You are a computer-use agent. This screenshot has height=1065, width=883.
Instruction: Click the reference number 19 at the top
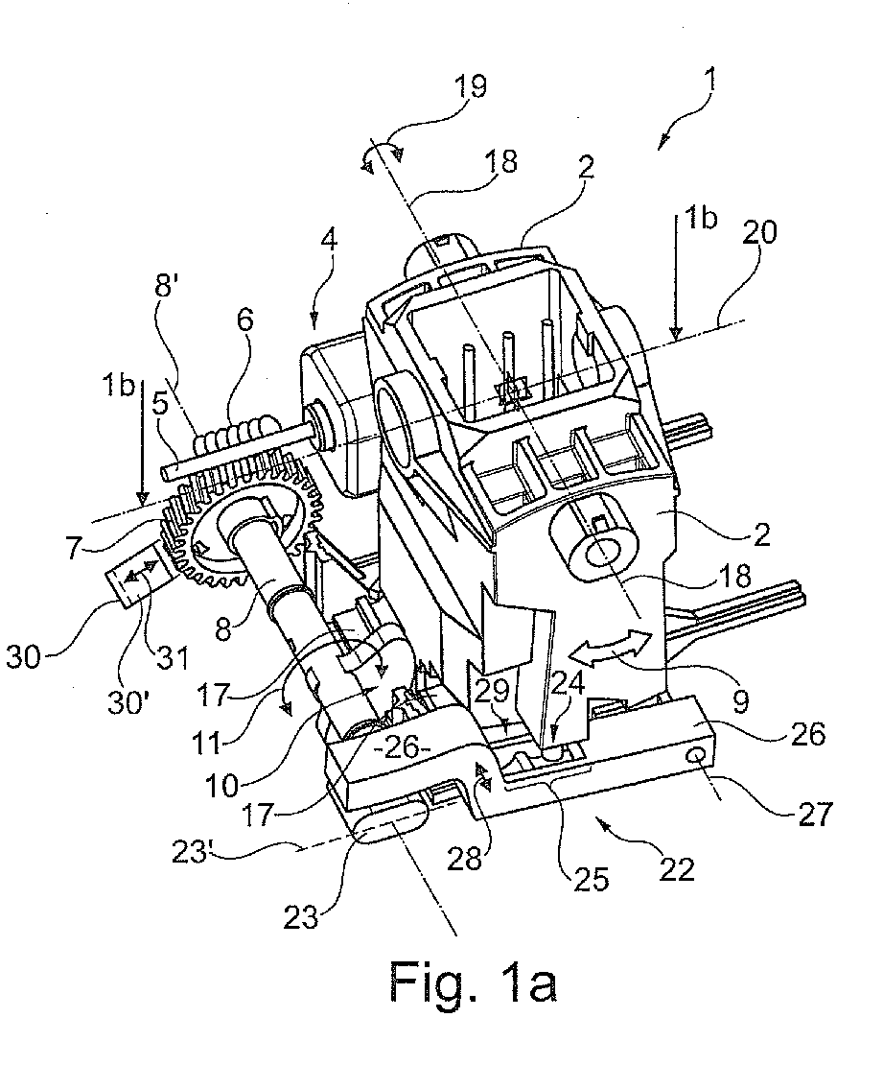[470, 87]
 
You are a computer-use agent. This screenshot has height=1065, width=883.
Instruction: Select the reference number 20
[758, 233]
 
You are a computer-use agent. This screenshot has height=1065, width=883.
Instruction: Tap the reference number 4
[329, 241]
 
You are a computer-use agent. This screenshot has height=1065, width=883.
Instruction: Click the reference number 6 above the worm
[244, 318]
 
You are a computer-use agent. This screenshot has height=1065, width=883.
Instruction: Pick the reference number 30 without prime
[23, 657]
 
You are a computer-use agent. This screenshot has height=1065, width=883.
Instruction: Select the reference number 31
[173, 657]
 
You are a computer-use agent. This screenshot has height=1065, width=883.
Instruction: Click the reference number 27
[813, 814]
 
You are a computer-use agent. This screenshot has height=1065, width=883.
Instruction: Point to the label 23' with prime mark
[190, 850]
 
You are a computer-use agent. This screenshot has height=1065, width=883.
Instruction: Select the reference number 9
[740, 701]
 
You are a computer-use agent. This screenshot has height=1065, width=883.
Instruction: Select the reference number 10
[221, 787]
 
